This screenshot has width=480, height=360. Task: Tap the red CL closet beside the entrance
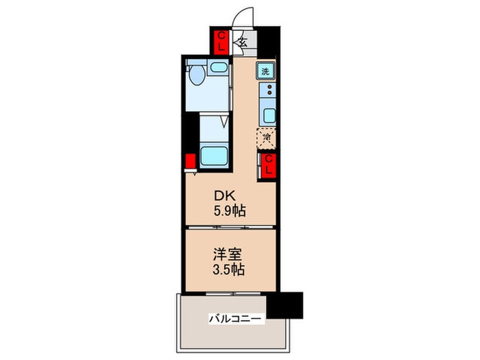point(222,41)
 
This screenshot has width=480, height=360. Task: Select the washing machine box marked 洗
point(265,69)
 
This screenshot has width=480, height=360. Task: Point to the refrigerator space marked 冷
point(265,137)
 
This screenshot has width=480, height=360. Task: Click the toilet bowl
point(196,75)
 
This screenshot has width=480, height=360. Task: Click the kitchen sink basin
point(268,114)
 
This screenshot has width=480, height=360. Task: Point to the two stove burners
point(268,90)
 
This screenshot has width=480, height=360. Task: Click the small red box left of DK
point(189,161)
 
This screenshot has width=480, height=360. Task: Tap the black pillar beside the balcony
point(285,304)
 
